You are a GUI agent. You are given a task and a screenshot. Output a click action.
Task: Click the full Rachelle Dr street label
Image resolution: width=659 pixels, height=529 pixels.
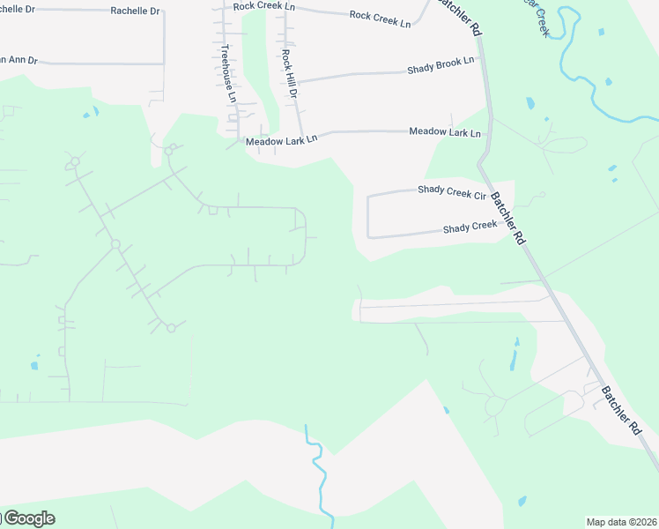tap(135, 11)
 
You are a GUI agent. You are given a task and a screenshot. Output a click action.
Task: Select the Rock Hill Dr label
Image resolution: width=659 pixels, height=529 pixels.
tap(289, 73)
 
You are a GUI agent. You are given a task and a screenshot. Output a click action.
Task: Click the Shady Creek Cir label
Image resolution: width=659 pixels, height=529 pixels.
tap(452, 191)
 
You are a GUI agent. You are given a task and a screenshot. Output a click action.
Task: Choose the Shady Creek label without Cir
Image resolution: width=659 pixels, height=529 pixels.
tap(470, 227)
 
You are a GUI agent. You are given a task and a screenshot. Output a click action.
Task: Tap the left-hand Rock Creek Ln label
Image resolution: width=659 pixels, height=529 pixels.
tap(263, 7)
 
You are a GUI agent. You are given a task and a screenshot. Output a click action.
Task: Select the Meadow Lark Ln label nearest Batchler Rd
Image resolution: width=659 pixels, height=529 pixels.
tap(445, 132)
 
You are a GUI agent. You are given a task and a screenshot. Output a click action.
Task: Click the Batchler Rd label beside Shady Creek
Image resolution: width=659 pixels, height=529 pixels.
tap(508, 218)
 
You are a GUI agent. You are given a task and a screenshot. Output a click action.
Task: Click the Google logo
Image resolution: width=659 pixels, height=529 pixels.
tap(28, 518)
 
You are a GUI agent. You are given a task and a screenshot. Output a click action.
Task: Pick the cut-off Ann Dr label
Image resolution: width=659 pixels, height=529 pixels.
tap(19, 60)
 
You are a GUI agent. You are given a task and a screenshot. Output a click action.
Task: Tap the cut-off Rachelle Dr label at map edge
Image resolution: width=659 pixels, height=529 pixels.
tap(18, 9)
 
